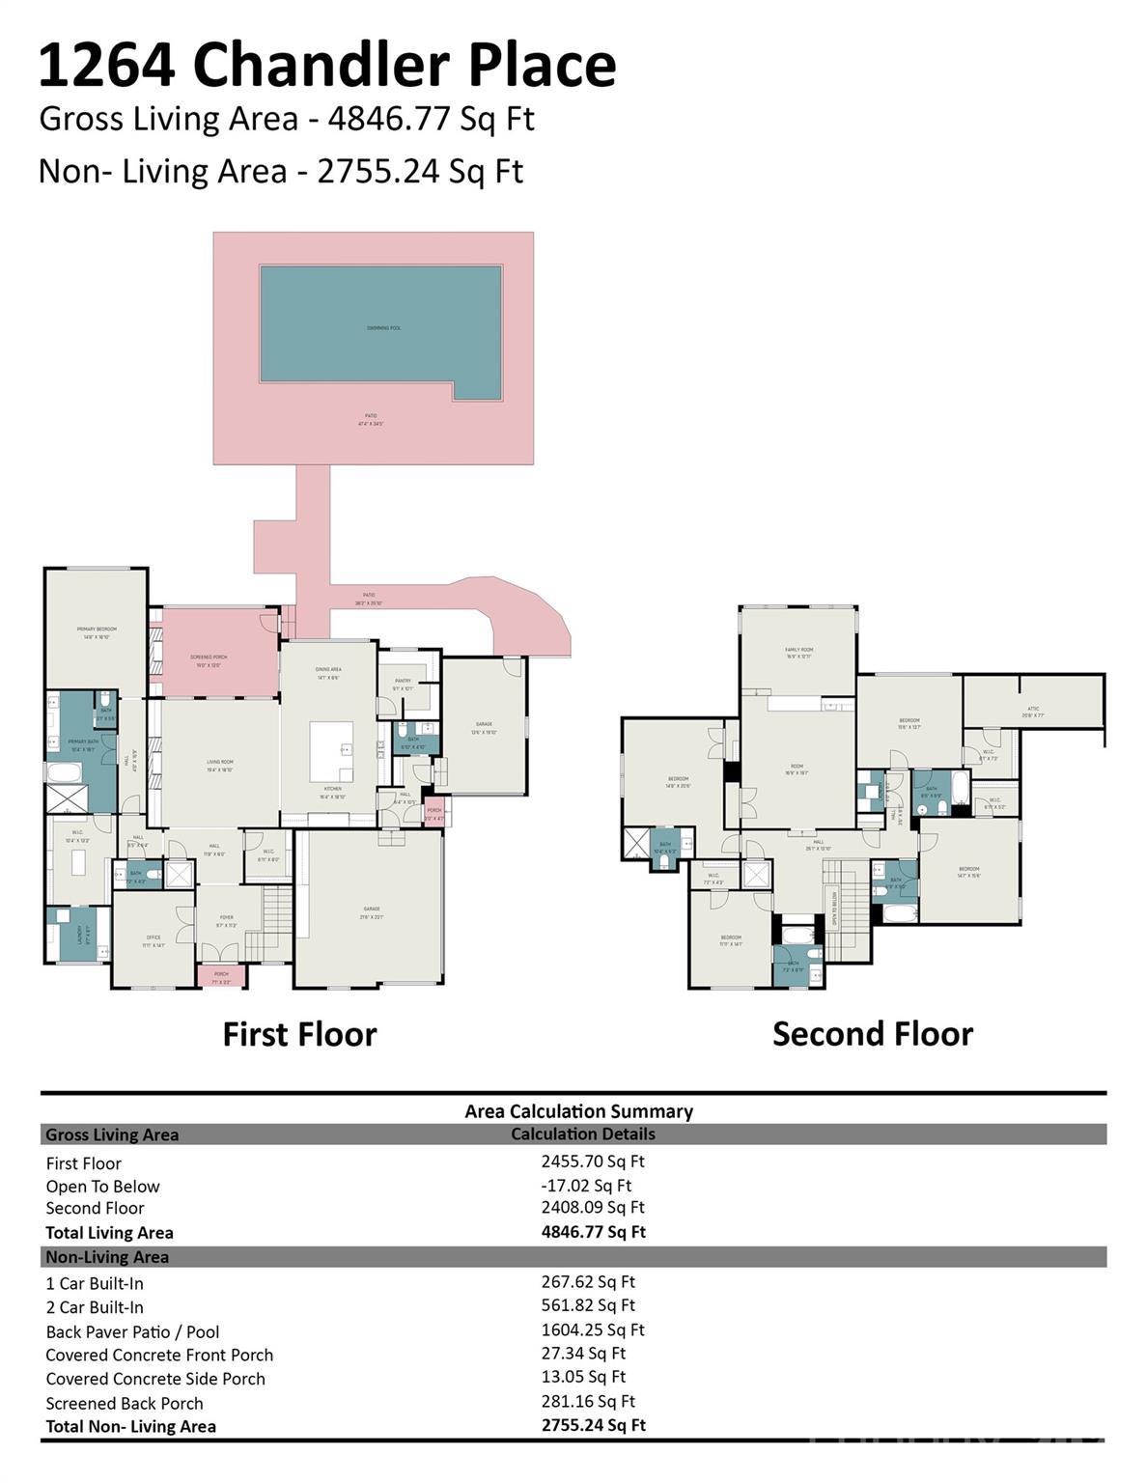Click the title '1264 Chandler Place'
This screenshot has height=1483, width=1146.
(326, 66)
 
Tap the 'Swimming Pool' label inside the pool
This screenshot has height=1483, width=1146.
(383, 328)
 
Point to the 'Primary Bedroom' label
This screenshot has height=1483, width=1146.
(97, 631)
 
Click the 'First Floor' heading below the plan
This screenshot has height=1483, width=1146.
(299, 1034)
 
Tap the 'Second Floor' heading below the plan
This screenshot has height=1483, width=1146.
(873, 1034)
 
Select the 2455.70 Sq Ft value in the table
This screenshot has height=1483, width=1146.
(592, 1161)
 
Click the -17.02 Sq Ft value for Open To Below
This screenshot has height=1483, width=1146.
(586, 1186)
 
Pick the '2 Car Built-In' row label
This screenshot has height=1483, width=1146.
(95, 1307)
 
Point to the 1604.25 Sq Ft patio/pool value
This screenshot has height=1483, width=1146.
(592, 1329)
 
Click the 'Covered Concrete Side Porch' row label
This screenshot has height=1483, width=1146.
(155, 1379)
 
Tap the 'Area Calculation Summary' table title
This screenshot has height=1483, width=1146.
(578, 1111)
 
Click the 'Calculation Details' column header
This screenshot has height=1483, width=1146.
(582, 1134)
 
